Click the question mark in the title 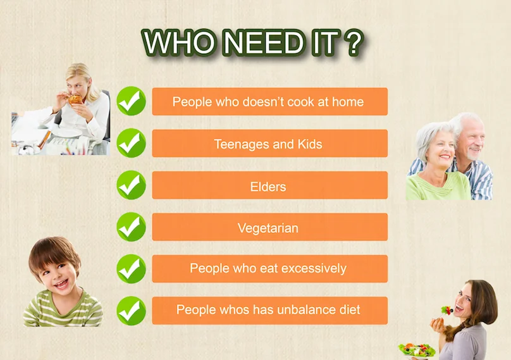(x=354, y=43)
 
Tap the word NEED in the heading (x=264, y=43)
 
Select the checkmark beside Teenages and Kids (x=132, y=143)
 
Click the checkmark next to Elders (x=132, y=185)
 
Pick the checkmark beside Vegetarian (x=132, y=227)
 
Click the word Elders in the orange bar (x=268, y=187)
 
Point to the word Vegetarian (x=268, y=228)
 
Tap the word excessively (x=314, y=268)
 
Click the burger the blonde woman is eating (x=75, y=99)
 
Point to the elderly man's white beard (x=472, y=154)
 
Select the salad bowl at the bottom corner (x=417, y=351)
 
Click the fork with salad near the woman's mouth (x=447, y=310)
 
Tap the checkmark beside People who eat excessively (x=132, y=269)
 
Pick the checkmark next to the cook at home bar (x=132, y=101)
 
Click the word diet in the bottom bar (x=350, y=309)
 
